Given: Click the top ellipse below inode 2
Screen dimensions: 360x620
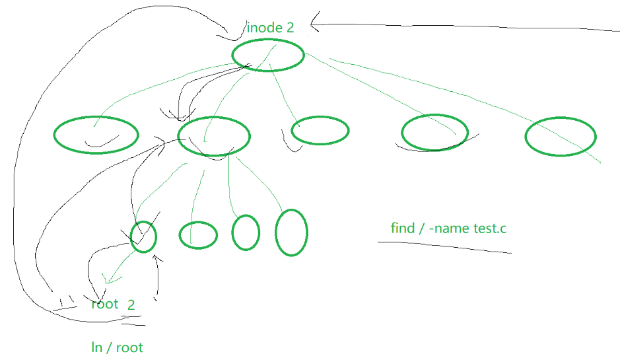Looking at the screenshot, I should [268, 55].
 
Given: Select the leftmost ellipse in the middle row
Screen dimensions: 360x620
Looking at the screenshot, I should [96, 135].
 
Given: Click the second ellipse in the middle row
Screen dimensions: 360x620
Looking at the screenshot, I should [214, 136].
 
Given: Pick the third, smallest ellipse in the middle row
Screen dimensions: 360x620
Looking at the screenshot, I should [320, 131].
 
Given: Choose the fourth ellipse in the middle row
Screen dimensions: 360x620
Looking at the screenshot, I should [434, 133].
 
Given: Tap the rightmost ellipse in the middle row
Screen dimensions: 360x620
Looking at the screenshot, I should [561, 137].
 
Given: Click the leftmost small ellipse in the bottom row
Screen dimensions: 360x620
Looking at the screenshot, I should [143, 236].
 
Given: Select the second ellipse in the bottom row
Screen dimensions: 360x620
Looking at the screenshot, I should [198, 234].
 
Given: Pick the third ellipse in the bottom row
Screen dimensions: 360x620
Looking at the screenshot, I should [246, 233].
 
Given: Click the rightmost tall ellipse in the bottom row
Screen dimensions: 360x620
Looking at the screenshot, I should [291, 232].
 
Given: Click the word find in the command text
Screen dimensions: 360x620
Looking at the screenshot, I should [403, 229].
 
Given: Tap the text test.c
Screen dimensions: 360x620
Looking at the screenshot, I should [490, 229].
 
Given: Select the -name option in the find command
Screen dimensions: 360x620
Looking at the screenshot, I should [449, 229].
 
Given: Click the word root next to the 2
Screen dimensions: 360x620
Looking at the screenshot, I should [105, 304].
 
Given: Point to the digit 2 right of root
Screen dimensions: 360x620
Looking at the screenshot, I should [131, 305].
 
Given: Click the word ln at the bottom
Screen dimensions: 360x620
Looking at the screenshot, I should [96, 347].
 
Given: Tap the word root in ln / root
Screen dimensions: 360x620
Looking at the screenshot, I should [129, 347].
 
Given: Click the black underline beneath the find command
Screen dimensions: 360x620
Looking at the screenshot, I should [444, 246].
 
